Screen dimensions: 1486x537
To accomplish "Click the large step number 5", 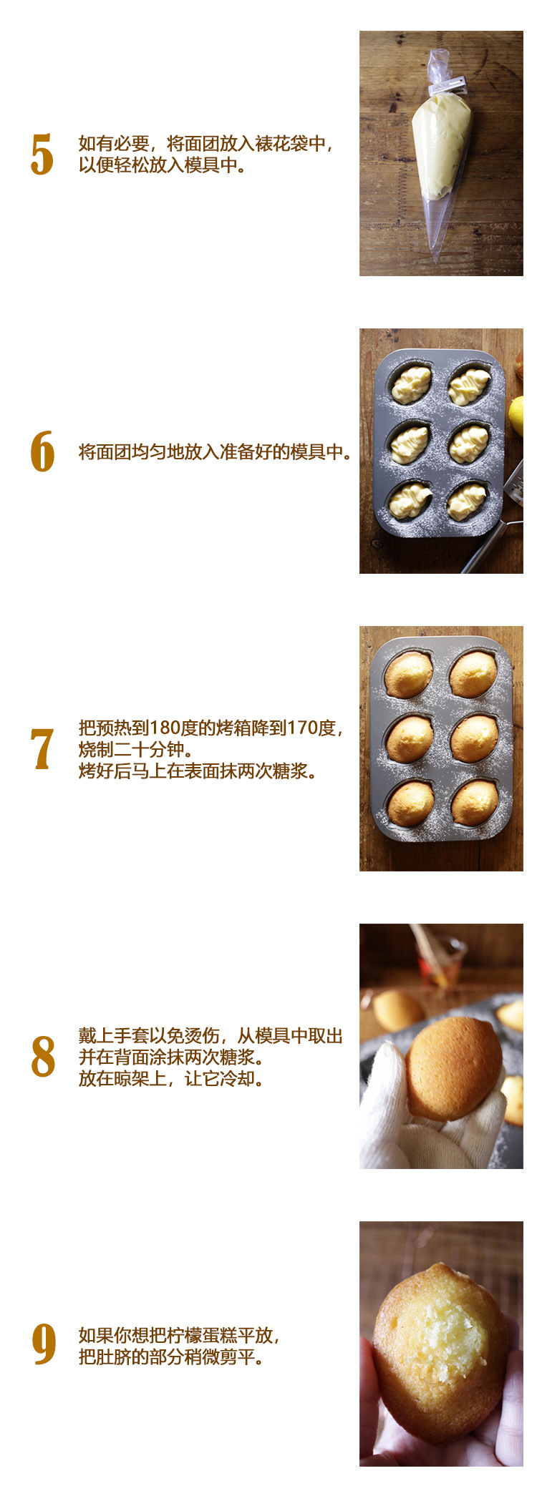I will click(x=42, y=155).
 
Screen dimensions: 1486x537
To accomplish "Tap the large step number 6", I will click(x=42, y=451).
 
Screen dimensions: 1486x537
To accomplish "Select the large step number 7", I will click(x=42, y=749).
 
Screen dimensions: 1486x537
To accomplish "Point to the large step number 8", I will click(x=42, y=1056).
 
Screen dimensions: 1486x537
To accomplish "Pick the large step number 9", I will click(x=43, y=1344).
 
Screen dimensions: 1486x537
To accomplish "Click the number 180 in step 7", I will click(x=165, y=728).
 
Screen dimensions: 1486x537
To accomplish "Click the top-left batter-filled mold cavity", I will click(x=411, y=384).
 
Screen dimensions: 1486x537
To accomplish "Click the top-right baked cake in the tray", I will click(x=473, y=674).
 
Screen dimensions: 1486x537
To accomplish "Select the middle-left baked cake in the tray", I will click(x=410, y=739).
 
